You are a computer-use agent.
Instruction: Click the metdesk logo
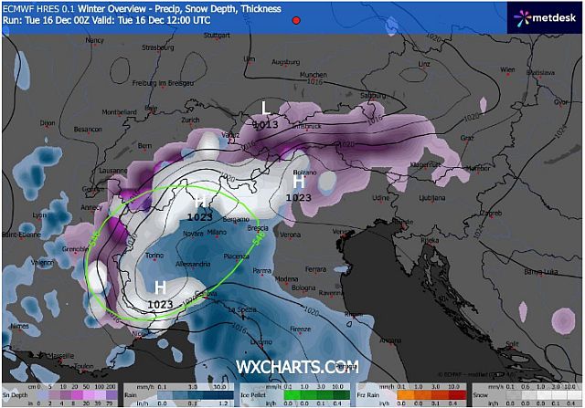548,16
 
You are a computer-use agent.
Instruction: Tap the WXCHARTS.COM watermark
298,367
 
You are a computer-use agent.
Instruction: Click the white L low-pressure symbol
266,107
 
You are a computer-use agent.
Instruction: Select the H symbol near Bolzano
298,182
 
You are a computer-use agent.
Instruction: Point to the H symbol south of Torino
160,288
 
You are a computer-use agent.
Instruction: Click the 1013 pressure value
265,123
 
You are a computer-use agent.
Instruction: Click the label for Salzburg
371,95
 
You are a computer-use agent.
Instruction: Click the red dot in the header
298,18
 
